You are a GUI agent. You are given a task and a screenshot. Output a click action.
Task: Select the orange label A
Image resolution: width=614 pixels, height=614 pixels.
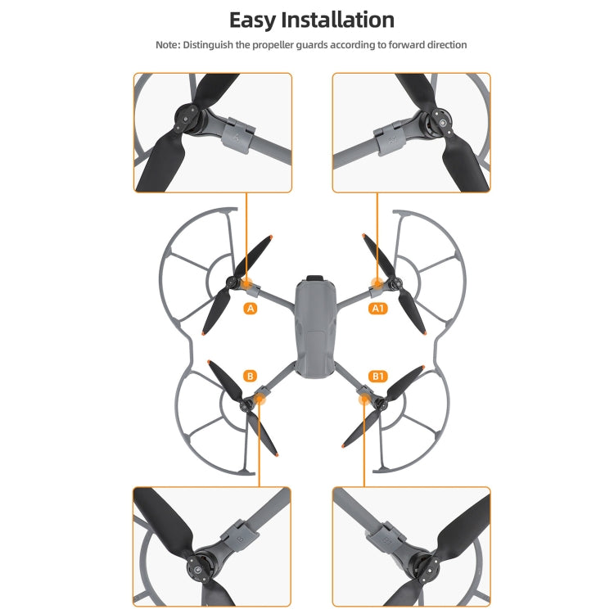coord(251,309)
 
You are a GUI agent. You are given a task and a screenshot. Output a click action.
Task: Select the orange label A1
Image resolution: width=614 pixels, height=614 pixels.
coord(377,309)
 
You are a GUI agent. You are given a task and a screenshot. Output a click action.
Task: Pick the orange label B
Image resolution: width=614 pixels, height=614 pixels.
coord(251,376)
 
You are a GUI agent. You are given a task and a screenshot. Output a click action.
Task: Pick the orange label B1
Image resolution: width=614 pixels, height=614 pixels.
coord(377,376)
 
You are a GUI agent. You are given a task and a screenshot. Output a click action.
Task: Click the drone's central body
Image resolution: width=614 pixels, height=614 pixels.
coord(314,336)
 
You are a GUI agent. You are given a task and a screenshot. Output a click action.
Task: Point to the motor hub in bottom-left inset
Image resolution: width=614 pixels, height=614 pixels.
coord(197,564)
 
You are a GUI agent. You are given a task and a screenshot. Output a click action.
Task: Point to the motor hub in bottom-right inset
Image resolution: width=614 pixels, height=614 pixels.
coord(424,564)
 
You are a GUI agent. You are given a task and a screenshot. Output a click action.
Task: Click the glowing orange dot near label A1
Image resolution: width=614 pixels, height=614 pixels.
coord(377,284)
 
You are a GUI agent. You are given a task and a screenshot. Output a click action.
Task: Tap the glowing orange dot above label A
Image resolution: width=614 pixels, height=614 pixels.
coord(246,283)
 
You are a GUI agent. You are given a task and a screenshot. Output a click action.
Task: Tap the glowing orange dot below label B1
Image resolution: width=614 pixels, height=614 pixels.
coord(363,399)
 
